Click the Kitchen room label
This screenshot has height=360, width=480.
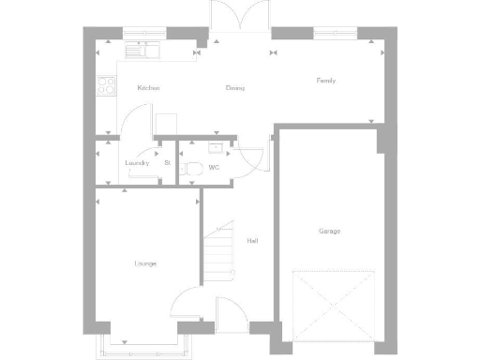(148, 88)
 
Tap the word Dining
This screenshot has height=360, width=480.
(235, 88)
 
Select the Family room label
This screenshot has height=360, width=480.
(325, 81)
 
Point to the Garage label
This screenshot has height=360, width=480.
(329, 231)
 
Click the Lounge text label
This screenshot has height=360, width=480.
(145, 263)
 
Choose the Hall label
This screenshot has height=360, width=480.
(252, 241)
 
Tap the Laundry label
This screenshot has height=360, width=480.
(137, 163)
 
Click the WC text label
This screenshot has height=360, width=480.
(214, 168)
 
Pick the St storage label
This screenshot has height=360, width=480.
(167, 163)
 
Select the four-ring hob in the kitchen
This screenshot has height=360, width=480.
(106, 85)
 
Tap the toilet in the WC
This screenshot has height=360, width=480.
(193, 169)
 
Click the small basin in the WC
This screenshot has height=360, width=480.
(217, 147)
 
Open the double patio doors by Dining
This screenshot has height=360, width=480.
(239, 19)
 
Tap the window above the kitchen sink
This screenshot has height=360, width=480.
(143, 35)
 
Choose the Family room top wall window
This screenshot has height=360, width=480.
(336, 35)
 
